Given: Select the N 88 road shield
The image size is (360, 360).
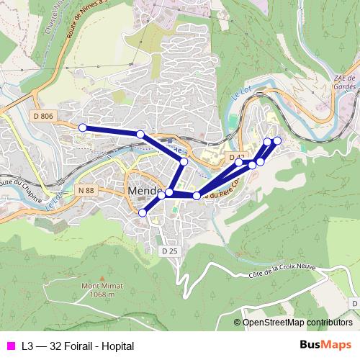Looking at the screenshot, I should click(86, 190).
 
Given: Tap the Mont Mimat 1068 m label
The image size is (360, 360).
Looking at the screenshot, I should click(98, 289).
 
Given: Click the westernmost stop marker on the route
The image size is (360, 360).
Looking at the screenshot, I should click(82, 127).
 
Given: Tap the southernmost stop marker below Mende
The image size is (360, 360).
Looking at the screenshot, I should click(143, 212).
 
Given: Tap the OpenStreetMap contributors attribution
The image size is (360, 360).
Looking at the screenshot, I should click(297, 323).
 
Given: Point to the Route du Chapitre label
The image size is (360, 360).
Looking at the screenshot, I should click(16, 191).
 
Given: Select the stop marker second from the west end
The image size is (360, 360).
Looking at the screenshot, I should click(140, 135).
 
